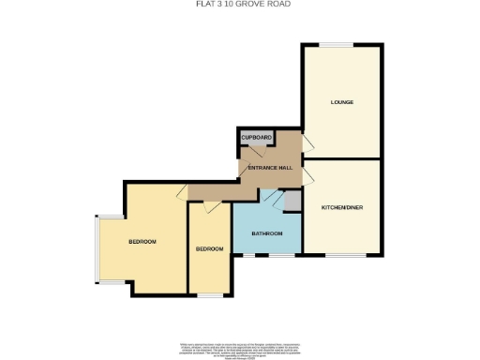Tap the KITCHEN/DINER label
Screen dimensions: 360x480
tap(340, 206)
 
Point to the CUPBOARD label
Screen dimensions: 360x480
tap(257, 139)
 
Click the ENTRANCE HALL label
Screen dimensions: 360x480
tap(269, 167)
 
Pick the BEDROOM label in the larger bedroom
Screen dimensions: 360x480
tap(142, 242)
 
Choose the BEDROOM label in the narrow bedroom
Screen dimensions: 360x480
tap(209, 248)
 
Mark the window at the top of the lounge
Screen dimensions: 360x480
tap(340, 44)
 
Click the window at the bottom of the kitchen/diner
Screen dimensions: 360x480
tap(340, 255)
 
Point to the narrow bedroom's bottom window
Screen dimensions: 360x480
tap(210, 293)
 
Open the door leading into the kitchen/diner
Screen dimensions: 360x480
tap(307, 172)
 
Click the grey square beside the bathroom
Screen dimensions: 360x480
tap(292, 200)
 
